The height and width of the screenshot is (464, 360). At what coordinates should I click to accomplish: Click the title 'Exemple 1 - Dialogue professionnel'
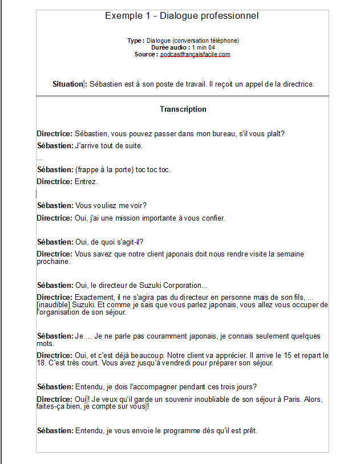point(181,15)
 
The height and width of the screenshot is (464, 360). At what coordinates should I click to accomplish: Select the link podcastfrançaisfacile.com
point(195,55)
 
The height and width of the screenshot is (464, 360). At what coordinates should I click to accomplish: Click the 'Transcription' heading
point(183,109)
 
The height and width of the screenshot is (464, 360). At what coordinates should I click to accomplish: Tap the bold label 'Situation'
point(67,84)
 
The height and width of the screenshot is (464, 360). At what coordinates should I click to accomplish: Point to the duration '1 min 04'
point(203,47)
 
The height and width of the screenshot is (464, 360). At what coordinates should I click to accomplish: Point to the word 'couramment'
point(156,336)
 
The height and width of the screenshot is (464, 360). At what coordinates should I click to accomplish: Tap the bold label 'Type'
point(135,40)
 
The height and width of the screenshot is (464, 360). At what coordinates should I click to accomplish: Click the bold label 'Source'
point(145,55)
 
